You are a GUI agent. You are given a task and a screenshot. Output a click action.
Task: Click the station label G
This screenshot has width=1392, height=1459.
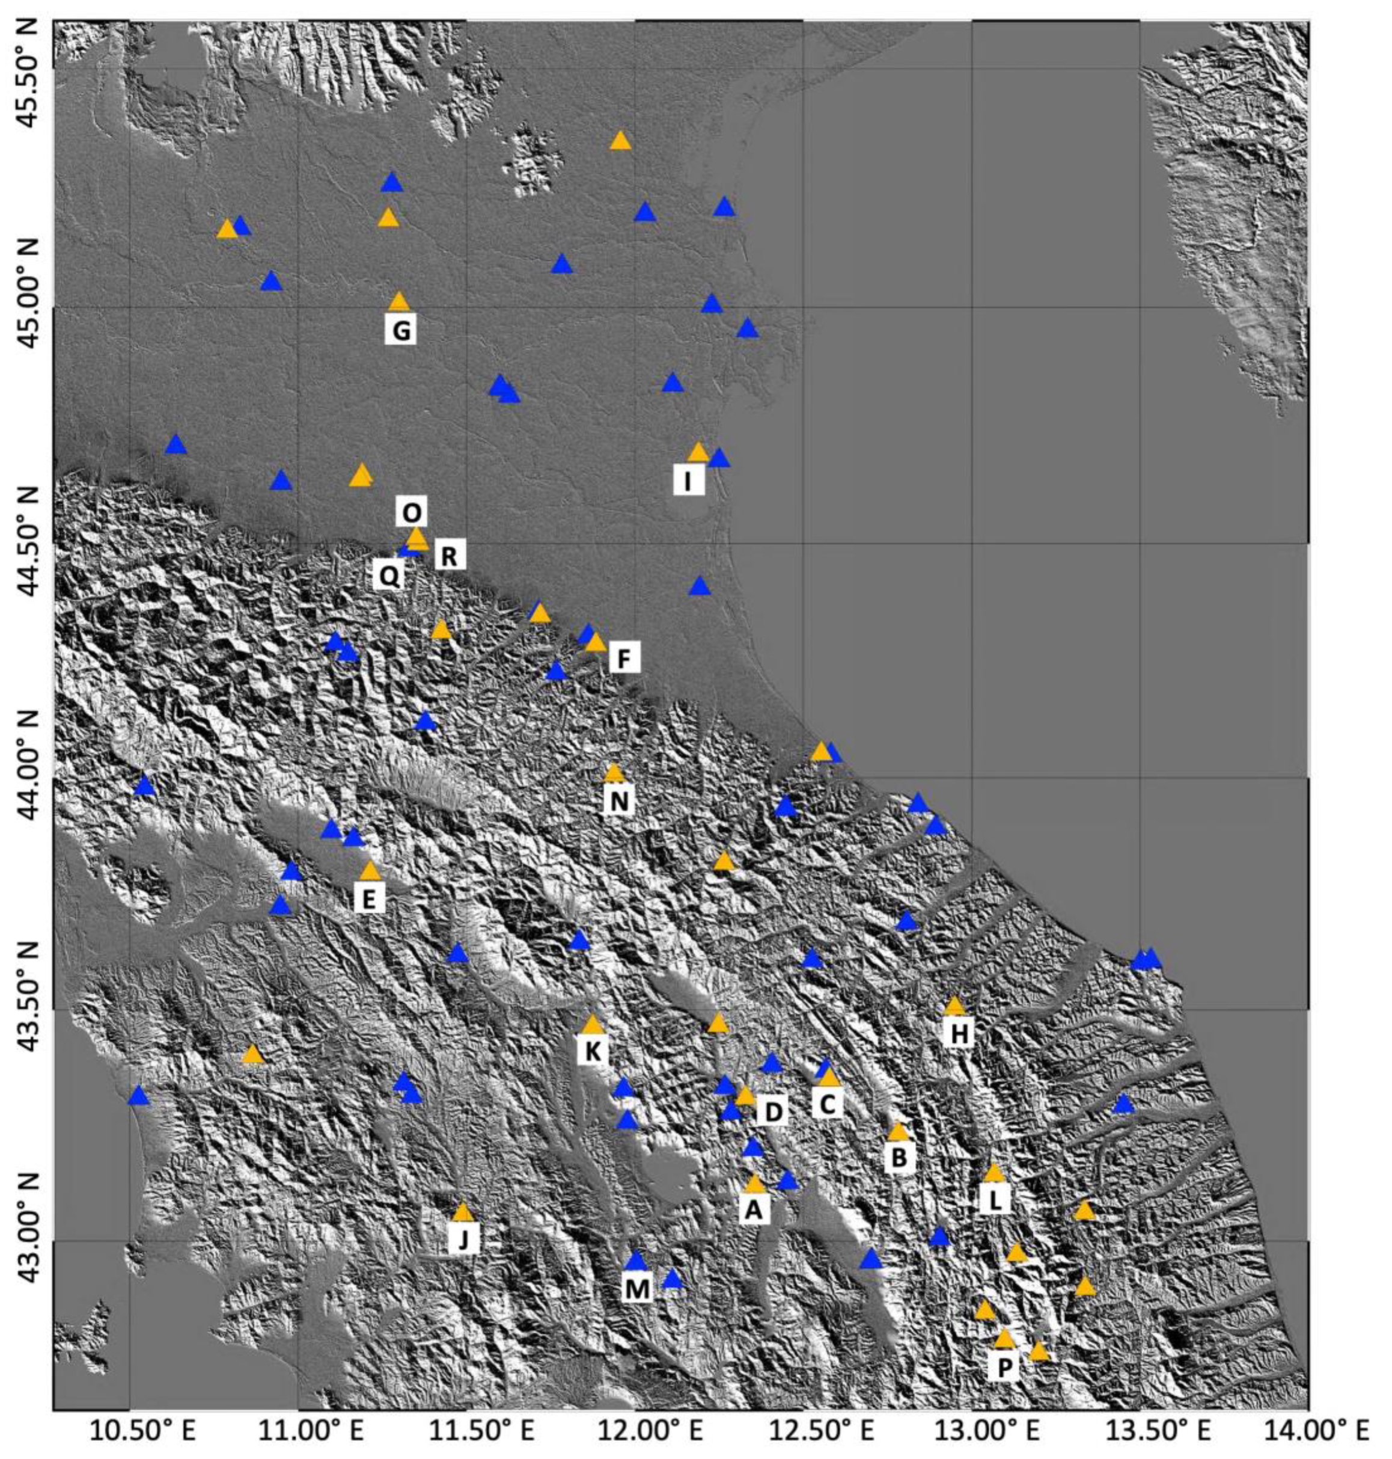point(401,330)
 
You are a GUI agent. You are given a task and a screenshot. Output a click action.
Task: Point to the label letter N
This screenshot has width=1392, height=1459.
point(620,802)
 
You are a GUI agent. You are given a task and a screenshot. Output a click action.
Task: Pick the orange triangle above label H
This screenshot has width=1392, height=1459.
point(955,1006)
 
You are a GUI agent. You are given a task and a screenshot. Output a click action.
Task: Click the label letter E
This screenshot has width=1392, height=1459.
point(369,900)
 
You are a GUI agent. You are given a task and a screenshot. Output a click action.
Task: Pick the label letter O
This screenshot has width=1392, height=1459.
point(412,512)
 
